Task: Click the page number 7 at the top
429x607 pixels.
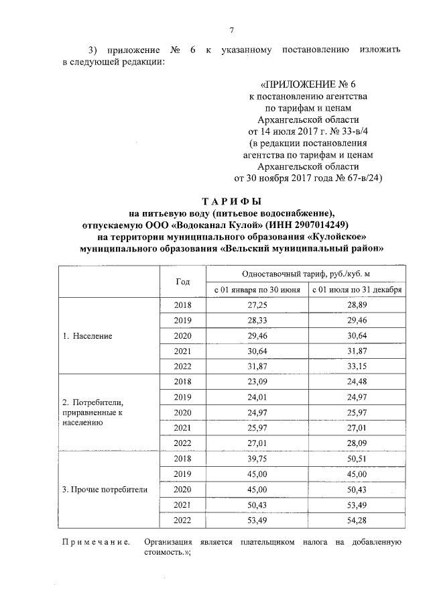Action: click(231, 30)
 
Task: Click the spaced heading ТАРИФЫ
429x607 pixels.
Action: click(231, 201)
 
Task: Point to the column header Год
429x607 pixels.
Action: click(182, 282)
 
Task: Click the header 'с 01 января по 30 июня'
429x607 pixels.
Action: click(257, 290)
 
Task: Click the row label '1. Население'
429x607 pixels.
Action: click(87, 335)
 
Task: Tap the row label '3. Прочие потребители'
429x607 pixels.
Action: click(105, 489)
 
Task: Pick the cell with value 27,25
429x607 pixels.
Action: click(257, 305)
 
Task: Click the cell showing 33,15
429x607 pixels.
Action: click(357, 366)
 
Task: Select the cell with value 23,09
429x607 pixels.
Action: click(257, 382)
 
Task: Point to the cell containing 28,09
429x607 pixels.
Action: click(357, 443)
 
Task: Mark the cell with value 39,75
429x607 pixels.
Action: click(257, 459)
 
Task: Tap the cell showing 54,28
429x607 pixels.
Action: click(357, 520)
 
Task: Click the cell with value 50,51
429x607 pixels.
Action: click(357, 459)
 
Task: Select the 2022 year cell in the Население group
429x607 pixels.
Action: click(182, 366)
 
